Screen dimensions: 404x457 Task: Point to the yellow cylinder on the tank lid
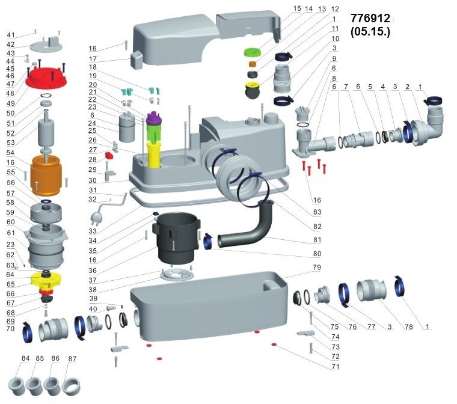click(154, 154)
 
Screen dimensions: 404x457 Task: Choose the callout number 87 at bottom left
click(72, 358)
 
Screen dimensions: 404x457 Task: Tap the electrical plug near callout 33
click(96, 217)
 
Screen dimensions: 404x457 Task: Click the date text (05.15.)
click(370, 32)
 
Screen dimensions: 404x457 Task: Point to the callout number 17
click(93, 59)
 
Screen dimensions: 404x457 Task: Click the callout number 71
click(335, 366)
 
